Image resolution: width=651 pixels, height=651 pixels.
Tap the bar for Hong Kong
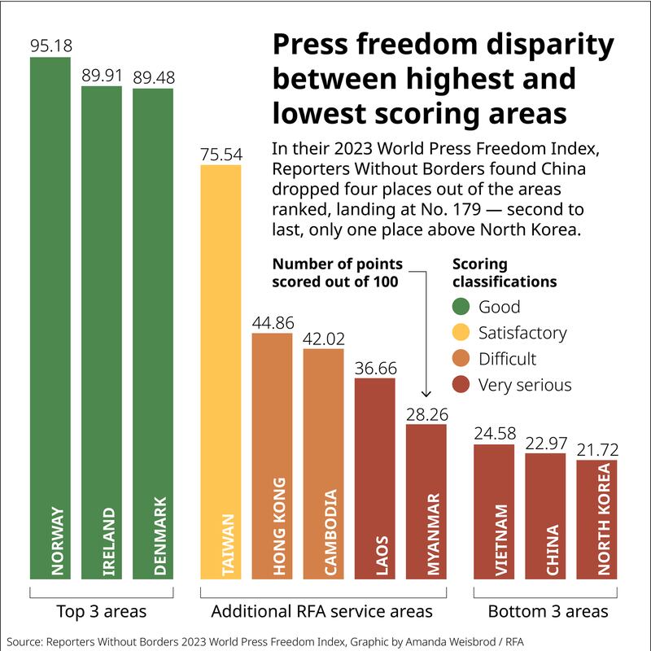pyautogui.click(x=273, y=456)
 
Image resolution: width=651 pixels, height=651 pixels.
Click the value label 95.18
pyautogui.click(x=50, y=46)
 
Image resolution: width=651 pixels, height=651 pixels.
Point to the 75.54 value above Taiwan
pyautogui.click(x=221, y=155)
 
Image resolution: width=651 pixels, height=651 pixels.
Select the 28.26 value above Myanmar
pyautogui.click(x=426, y=413)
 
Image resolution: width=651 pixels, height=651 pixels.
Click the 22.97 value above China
pyautogui.click(x=545, y=443)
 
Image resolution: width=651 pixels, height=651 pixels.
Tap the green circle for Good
pyautogui.click(x=461, y=307)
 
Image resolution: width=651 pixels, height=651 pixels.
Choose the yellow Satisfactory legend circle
pyautogui.click(x=461, y=333)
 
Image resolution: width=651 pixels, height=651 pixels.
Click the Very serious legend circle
pyautogui.click(x=461, y=385)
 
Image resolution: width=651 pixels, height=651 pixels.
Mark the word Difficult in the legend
pyautogui.click(x=507, y=359)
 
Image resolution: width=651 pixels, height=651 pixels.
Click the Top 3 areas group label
pyautogui.click(x=102, y=610)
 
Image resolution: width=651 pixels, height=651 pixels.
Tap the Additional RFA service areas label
pyautogui.click(x=321, y=610)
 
